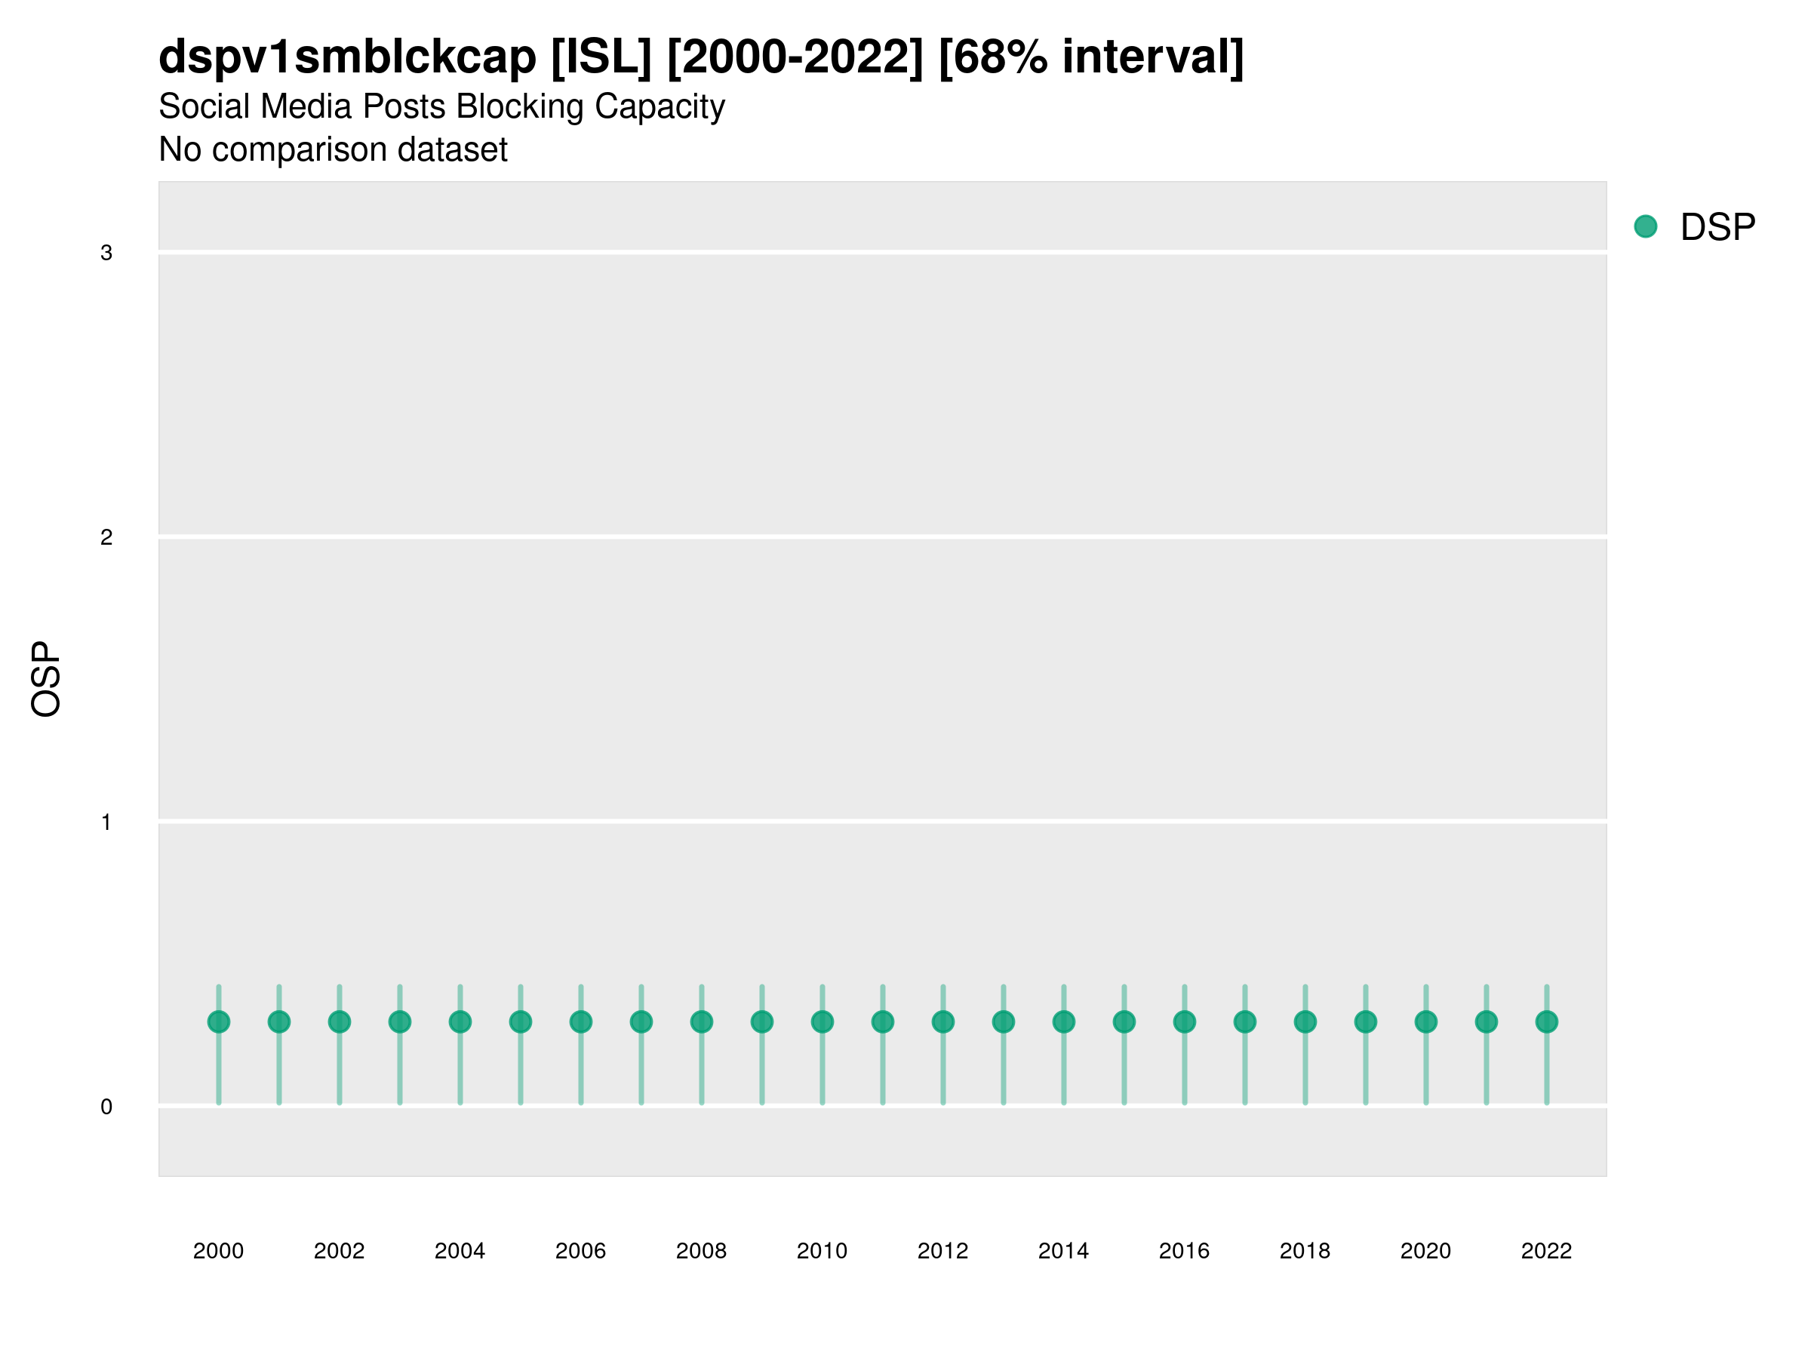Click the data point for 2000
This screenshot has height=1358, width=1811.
(219, 1022)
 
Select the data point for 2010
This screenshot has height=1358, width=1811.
(822, 1022)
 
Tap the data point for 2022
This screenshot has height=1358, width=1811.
(1547, 1022)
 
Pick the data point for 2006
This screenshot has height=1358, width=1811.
(580, 1022)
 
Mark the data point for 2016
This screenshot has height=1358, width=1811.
(1185, 1022)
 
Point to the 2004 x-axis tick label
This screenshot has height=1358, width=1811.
(460, 1251)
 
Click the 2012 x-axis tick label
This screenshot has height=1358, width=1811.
(942, 1251)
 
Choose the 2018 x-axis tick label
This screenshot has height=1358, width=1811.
(1305, 1251)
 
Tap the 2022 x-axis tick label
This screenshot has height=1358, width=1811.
(1547, 1251)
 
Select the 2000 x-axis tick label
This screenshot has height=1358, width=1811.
(219, 1251)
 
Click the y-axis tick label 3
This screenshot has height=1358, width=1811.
(106, 253)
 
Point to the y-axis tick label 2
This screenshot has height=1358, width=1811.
(106, 538)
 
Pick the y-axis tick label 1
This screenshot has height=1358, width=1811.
(106, 822)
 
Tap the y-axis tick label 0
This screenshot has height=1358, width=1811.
(106, 1108)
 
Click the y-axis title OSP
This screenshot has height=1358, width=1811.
(46, 680)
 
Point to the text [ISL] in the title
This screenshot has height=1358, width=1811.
(601, 57)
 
